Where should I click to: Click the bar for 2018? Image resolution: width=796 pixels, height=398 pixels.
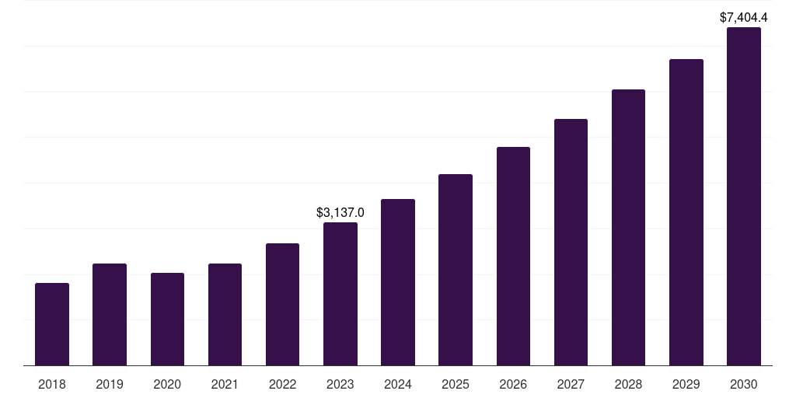point(52,324)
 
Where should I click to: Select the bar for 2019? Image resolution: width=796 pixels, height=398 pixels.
point(110,315)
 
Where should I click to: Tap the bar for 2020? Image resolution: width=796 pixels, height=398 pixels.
point(167,319)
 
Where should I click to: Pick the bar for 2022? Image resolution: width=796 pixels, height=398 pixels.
point(282,305)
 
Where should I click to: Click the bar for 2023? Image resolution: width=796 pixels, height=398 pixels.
point(340,294)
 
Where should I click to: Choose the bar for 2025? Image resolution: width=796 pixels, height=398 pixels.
point(456,270)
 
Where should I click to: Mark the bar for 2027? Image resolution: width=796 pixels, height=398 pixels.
point(571,243)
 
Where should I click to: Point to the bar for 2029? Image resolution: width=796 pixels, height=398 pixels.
point(686,212)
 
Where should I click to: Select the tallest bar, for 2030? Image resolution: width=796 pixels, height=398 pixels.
point(744,197)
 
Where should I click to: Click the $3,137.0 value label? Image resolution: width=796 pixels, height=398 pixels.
point(340,212)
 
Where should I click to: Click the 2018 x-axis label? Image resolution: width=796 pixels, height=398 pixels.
point(52,384)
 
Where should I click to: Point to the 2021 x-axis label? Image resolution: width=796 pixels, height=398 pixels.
point(225,384)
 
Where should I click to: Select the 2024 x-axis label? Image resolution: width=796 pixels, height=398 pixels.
point(398,384)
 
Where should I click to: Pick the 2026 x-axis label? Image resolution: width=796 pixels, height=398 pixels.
point(513,384)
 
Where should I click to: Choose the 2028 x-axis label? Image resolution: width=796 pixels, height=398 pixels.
point(628,384)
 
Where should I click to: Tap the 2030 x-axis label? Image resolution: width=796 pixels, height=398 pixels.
point(744,384)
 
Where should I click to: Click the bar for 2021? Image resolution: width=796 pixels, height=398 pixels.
point(225,315)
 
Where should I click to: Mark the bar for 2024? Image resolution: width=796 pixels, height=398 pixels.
point(398,282)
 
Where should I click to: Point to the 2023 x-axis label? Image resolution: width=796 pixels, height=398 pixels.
point(340,384)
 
